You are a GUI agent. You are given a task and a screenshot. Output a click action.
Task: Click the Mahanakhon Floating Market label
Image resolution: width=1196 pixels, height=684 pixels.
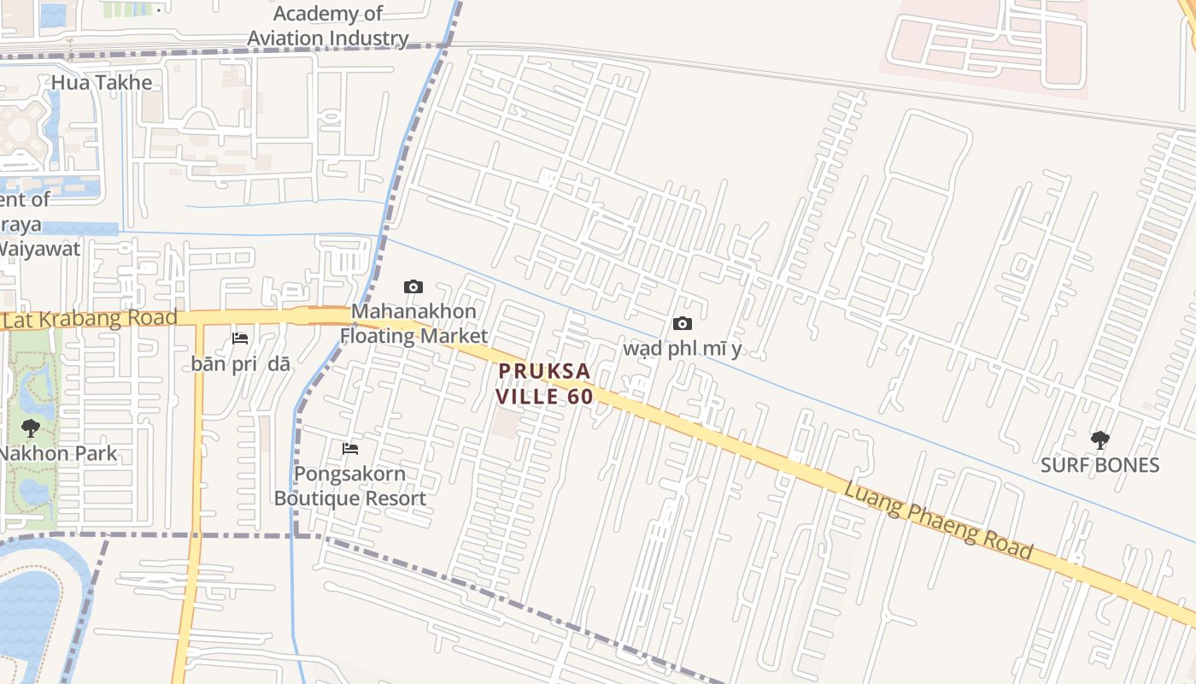[413, 323]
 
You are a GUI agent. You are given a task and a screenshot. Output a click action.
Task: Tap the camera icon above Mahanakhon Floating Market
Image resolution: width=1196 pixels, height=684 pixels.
[413, 286]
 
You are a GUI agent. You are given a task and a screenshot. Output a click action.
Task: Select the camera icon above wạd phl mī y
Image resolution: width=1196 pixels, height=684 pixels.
[682, 323]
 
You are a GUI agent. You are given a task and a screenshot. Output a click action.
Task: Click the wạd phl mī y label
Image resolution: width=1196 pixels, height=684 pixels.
[682, 349]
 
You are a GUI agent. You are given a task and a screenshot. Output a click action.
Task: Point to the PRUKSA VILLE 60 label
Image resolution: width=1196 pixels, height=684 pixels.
[544, 383]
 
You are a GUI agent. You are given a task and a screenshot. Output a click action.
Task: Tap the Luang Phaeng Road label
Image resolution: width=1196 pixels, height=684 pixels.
[938, 520]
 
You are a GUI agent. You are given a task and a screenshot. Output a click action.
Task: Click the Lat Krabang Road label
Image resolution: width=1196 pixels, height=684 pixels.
[90, 318]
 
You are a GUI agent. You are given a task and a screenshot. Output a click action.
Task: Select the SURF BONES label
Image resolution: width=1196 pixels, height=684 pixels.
[1099, 465]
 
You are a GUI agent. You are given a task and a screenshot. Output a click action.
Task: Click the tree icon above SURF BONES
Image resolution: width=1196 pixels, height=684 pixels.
[1099, 440]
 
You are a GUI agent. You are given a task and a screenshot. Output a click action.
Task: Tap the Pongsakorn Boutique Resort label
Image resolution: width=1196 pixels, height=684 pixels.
[350, 486]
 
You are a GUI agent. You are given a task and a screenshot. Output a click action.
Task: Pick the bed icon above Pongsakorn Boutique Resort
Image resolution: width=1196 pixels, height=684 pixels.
[350, 449]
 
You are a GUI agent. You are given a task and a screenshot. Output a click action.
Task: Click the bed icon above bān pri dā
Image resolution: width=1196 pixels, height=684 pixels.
[240, 339]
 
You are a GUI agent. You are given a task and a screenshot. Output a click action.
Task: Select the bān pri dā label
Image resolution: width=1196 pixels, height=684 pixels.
[240, 363]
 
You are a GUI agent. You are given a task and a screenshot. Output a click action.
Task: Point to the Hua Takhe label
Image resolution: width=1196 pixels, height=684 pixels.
[102, 83]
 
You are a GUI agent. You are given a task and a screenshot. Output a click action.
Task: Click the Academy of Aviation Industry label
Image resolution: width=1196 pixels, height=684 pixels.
[328, 27]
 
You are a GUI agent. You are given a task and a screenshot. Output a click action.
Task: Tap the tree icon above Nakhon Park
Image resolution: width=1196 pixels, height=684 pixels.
[31, 428]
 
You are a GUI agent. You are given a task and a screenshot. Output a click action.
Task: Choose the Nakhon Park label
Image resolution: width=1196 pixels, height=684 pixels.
[58, 453]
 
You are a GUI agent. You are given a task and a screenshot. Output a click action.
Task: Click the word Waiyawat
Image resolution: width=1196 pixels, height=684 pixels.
[39, 249]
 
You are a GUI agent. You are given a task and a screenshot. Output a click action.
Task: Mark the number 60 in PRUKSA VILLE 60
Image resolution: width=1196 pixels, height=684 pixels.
[578, 397]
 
